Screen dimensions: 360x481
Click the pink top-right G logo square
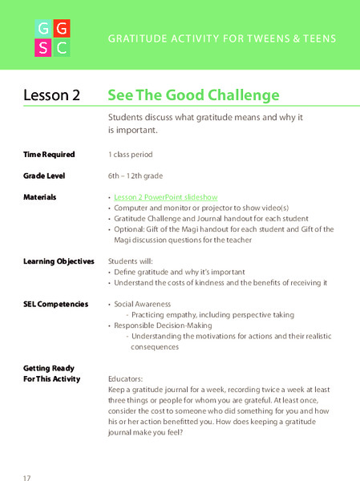[x=63, y=30]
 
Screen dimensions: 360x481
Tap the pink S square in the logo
[x=43, y=48]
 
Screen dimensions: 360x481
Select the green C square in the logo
[x=63, y=48]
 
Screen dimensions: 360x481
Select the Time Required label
[x=50, y=154]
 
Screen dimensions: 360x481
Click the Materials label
[x=40, y=196]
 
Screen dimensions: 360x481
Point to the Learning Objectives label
[x=59, y=261]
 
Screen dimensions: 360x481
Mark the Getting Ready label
[x=48, y=367]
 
